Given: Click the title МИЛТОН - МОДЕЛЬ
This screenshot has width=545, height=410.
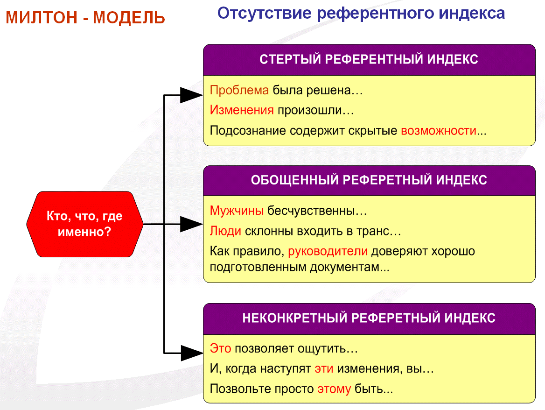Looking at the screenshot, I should pyautogui.click(x=85, y=18).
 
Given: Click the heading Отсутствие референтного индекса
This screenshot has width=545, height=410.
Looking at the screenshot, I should pyautogui.click(x=361, y=13).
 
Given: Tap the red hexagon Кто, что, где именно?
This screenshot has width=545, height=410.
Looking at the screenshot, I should pyautogui.click(x=84, y=224).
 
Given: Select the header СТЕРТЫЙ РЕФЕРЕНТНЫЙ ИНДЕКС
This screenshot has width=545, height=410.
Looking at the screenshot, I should pyautogui.click(x=369, y=60).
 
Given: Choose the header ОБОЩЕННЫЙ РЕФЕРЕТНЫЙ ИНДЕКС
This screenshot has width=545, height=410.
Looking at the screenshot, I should pyautogui.click(x=369, y=180).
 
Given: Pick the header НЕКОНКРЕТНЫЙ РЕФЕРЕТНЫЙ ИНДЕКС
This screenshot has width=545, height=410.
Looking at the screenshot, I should pyautogui.click(x=369, y=318).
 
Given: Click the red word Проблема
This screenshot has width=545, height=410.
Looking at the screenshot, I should pyautogui.click(x=239, y=90).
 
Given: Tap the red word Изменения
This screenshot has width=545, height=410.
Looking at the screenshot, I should pyautogui.click(x=241, y=110).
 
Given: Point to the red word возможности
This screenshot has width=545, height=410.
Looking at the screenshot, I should pyautogui.click(x=438, y=130).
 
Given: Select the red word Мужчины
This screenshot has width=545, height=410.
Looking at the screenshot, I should pyautogui.click(x=237, y=211).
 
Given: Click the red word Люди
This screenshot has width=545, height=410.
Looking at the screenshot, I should pyautogui.click(x=225, y=231).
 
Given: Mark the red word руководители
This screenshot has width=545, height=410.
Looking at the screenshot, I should pyautogui.click(x=328, y=251).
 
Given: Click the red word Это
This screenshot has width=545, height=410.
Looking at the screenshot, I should pyautogui.click(x=220, y=348).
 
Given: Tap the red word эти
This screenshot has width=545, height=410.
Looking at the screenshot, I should pyautogui.click(x=323, y=368).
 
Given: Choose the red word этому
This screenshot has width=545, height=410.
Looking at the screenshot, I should pyautogui.click(x=334, y=389).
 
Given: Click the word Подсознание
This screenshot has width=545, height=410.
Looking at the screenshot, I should pyautogui.click(x=247, y=130).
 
